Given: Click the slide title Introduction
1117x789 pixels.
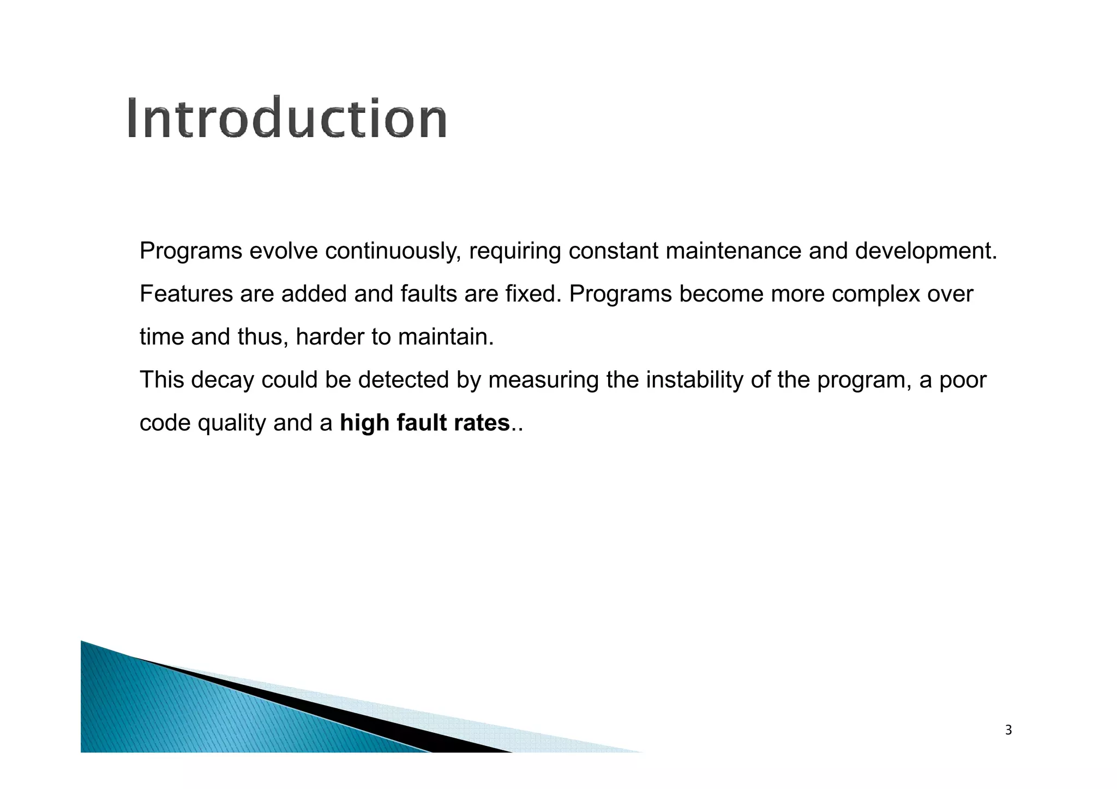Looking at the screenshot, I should point(287,118).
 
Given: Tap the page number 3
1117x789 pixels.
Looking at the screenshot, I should point(1008,730).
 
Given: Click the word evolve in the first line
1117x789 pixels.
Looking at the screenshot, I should point(283,251).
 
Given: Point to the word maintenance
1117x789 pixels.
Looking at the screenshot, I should point(734,251).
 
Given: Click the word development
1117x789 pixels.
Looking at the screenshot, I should point(926,251).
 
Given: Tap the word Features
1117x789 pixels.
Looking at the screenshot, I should point(186,294).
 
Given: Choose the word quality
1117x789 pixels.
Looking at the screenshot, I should point(231,423).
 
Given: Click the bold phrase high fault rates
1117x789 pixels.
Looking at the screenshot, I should point(424,423).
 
